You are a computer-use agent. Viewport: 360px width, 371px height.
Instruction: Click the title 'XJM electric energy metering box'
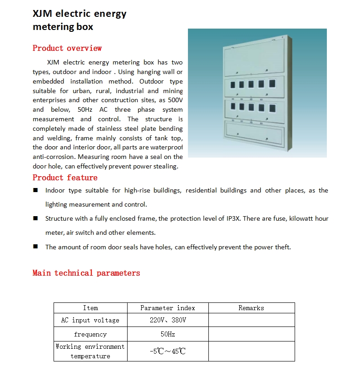coord(79,20)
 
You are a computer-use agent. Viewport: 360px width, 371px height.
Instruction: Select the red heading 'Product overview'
coord(67,48)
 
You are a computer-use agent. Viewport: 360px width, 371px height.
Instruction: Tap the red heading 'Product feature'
coord(65,178)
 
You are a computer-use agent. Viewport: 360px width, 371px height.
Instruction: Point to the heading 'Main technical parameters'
coord(86,273)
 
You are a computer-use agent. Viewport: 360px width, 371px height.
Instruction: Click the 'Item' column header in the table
coord(90,308)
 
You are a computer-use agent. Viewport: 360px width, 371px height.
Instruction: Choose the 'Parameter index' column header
coord(168,308)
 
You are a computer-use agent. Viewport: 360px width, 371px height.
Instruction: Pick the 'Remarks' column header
coord(251,308)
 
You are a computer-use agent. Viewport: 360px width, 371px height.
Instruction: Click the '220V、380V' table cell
coord(168,320)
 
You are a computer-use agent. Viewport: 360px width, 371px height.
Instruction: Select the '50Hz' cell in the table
coord(168,334)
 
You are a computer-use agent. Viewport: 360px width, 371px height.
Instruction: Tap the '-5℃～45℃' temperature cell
coord(168,351)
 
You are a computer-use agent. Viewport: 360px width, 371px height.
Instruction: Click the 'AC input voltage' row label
coord(90,320)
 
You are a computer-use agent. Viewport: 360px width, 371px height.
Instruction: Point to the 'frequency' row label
coord(90,334)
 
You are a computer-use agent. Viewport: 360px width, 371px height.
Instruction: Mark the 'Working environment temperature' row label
coord(90,351)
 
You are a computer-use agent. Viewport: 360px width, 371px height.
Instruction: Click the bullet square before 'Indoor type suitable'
coord(35,190)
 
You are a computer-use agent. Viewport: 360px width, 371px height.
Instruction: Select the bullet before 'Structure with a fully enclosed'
coord(35,218)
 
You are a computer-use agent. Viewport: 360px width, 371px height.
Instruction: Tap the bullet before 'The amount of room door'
coord(35,247)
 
